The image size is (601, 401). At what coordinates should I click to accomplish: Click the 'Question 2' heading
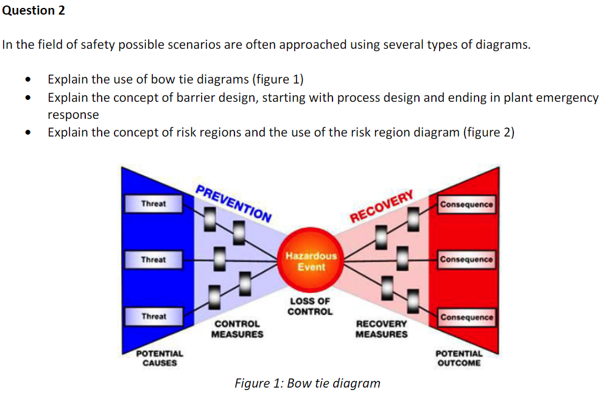(x=34, y=10)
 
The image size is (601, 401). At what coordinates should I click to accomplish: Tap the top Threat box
(x=153, y=204)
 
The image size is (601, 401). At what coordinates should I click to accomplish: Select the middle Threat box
(x=153, y=260)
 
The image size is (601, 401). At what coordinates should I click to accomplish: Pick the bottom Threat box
(x=153, y=316)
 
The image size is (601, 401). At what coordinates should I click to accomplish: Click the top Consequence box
(x=466, y=204)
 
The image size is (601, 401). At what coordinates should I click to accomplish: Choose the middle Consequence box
(x=466, y=260)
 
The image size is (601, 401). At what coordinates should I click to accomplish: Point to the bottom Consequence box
(x=466, y=318)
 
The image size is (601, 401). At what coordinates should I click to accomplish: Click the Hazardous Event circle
(x=311, y=261)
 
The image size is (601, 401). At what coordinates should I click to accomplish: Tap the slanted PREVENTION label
(x=234, y=202)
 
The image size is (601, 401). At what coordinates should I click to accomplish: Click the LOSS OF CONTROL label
(x=310, y=307)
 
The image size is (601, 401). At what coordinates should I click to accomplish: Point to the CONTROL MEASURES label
(x=237, y=329)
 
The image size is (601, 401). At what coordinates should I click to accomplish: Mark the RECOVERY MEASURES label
(x=382, y=329)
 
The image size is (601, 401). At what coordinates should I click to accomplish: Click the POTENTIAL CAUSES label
(x=160, y=358)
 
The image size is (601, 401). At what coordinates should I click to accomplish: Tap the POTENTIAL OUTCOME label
(x=459, y=358)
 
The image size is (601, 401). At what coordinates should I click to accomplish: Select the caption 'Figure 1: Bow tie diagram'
(x=308, y=383)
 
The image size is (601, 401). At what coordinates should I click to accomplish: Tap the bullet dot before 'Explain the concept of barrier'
(x=26, y=98)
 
